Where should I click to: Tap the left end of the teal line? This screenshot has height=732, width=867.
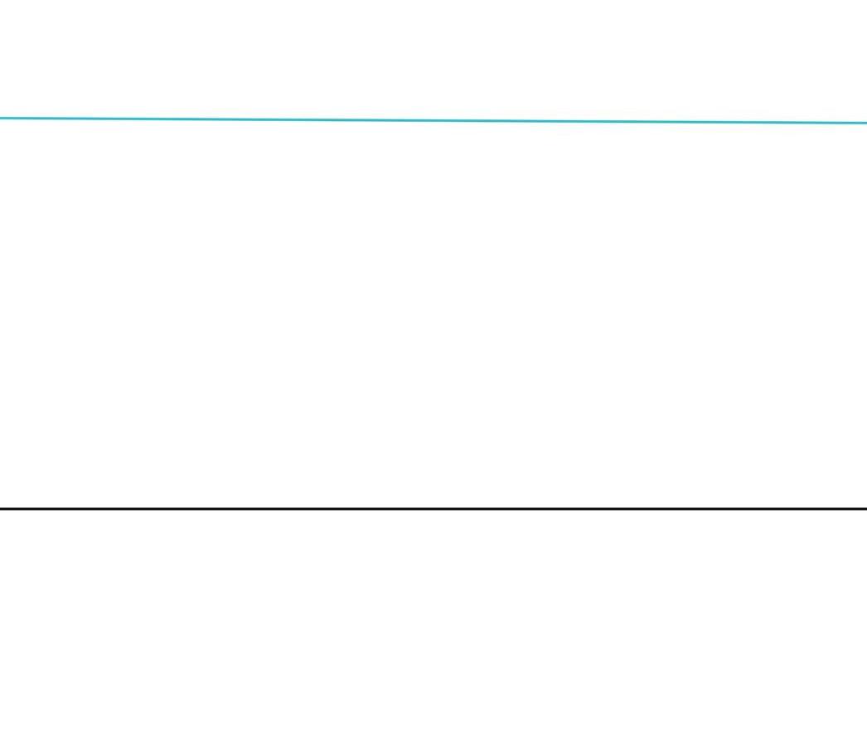[2, 118]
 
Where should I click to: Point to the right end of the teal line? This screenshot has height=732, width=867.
[865, 123]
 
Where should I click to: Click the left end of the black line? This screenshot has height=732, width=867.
[2, 508]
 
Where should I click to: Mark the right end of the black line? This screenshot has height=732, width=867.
[865, 508]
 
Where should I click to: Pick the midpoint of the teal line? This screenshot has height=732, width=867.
[433, 120]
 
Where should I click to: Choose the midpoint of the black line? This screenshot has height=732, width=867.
[433, 508]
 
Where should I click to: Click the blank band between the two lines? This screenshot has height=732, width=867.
[433, 315]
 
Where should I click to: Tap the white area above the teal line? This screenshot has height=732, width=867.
[433, 58]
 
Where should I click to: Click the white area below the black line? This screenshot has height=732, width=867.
[433, 622]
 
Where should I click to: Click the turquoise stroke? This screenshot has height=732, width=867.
[580, 121]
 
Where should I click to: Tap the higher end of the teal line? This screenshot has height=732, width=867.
[2, 118]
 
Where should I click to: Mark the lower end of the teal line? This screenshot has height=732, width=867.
[865, 123]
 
